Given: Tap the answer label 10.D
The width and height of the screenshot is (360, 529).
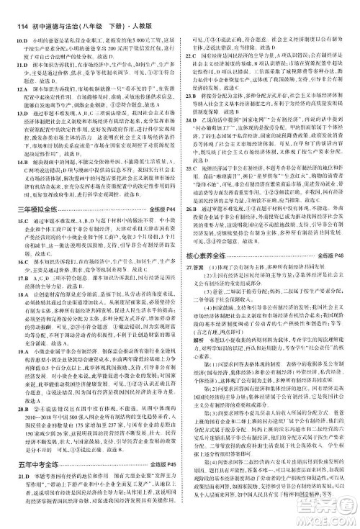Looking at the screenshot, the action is [21, 22].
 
